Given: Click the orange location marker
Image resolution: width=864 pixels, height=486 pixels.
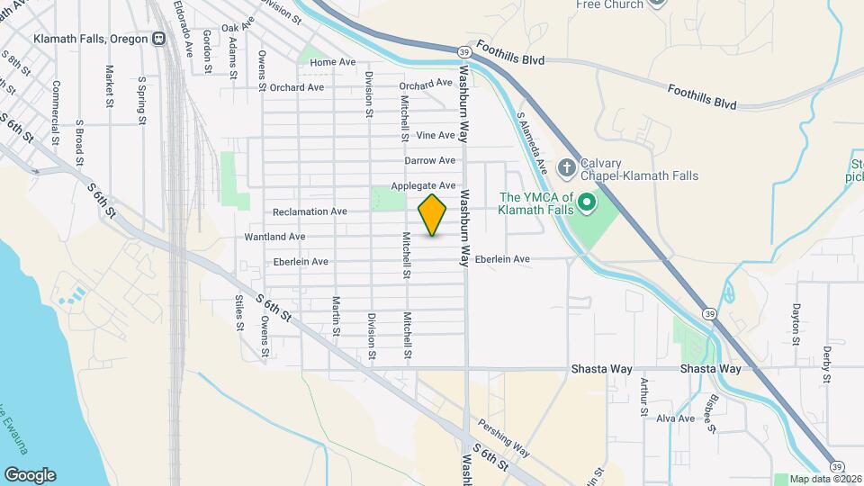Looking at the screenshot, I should pyautogui.click(x=433, y=214).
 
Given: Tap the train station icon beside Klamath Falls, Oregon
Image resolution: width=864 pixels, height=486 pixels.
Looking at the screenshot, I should pyautogui.click(x=158, y=39).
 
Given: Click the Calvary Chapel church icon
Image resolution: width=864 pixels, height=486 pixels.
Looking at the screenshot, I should pyautogui.click(x=566, y=167).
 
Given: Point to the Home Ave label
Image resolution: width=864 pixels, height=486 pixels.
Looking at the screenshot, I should pyautogui.click(x=332, y=63).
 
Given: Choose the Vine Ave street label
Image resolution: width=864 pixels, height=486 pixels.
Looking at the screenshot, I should pyautogui.click(x=436, y=136).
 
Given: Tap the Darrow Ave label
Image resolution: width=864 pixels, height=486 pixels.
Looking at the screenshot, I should pyautogui.click(x=429, y=161).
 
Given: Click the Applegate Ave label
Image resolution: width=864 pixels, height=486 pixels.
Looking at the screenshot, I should pyautogui.click(x=423, y=186).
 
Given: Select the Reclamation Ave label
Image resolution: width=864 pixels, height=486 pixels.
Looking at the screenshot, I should pyautogui.click(x=310, y=211).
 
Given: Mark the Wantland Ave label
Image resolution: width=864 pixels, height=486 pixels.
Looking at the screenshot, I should pyautogui.click(x=274, y=237).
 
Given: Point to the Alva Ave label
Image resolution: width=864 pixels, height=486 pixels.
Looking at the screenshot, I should pyautogui.click(x=675, y=418).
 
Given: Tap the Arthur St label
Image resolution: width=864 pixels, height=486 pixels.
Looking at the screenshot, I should pyautogui.click(x=644, y=397).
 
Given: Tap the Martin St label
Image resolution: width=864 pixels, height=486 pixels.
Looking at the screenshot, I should pyautogui.click(x=336, y=316).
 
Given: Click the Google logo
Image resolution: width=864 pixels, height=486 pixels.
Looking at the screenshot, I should pyautogui.click(x=30, y=475).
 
